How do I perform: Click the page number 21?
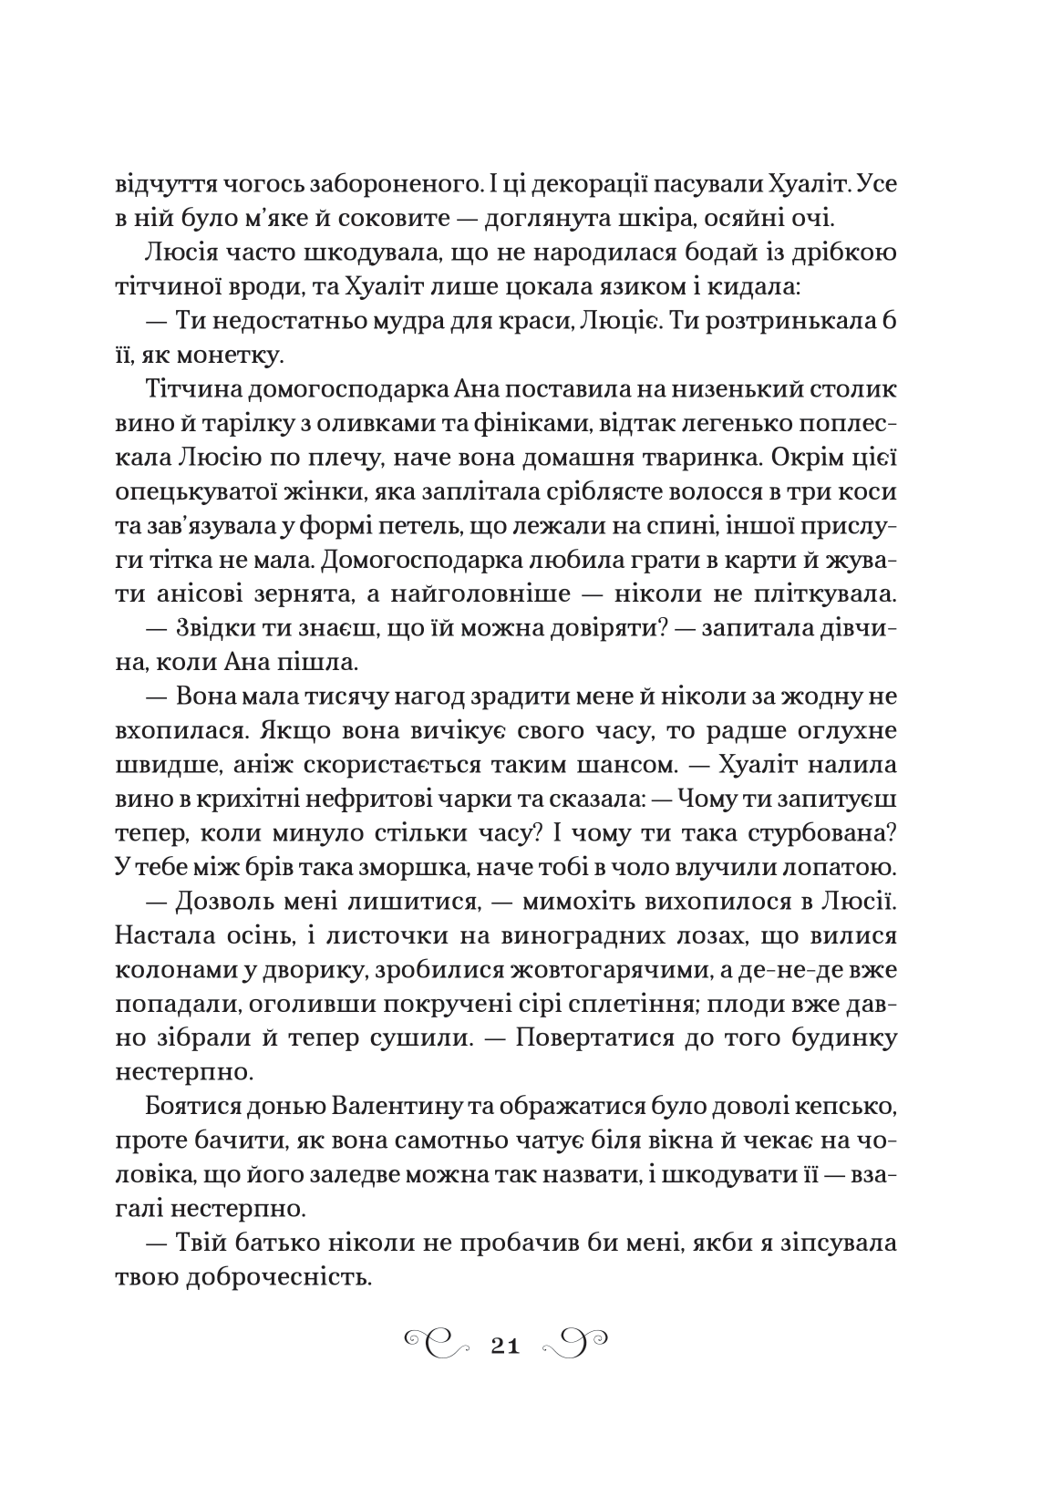click(504, 1345)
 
